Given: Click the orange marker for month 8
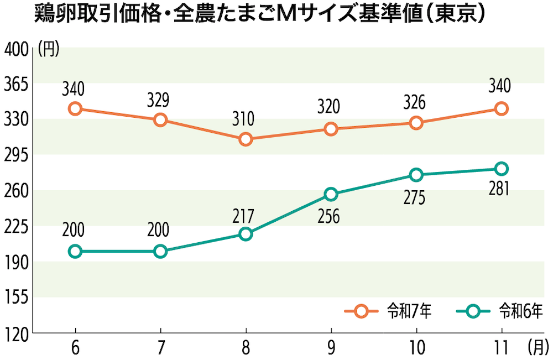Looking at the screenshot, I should pos(246,139).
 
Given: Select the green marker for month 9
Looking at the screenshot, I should pos(331,194).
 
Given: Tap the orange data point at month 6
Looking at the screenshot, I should pos(75,108).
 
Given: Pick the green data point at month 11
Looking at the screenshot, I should pos(502,169).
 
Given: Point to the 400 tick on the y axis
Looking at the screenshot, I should pos(16,50).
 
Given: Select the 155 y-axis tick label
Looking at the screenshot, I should pos(16,298).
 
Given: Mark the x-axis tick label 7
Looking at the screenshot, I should pos(161,348).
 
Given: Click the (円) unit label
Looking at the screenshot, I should pos(49,50).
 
